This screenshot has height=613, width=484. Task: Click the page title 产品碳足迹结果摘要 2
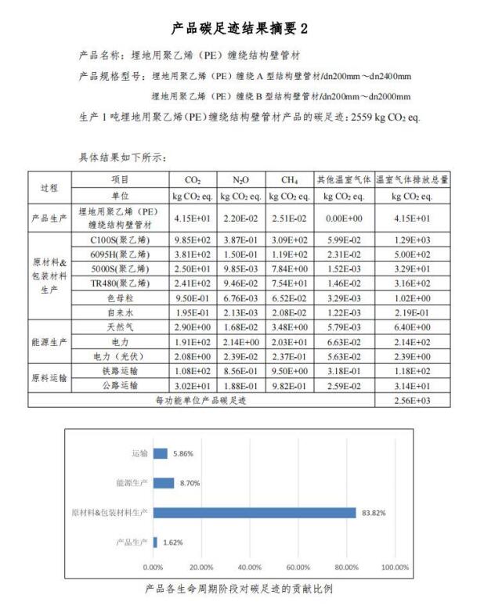point(240,28)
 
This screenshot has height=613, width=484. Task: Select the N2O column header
point(241,179)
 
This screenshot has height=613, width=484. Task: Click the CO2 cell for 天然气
point(193,326)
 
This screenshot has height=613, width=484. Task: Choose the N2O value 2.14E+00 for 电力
point(241,341)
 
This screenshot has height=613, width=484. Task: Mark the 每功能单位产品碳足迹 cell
point(200,400)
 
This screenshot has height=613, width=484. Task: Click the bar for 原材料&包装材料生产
point(255,512)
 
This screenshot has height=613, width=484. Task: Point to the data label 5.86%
point(182,453)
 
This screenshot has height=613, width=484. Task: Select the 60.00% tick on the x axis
point(297,567)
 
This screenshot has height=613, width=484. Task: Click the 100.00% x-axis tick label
point(394,567)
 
